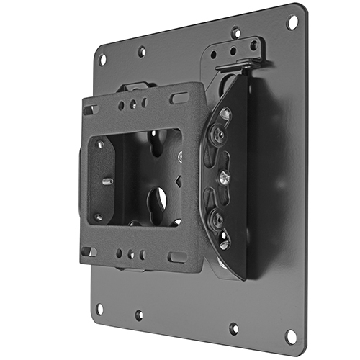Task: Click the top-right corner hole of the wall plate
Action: point(292,22)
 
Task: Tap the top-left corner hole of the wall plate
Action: point(102,58)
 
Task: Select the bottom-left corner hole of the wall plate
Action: point(99,309)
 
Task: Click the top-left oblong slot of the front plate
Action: point(90,110)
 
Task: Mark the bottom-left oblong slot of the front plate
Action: point(89,251)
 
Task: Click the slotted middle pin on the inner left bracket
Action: point(105,181)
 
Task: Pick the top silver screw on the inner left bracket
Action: point(100,144)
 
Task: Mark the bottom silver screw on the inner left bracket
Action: point(99,217)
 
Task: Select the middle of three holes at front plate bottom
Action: point(131,254)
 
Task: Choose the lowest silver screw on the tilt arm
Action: point(224,243)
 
